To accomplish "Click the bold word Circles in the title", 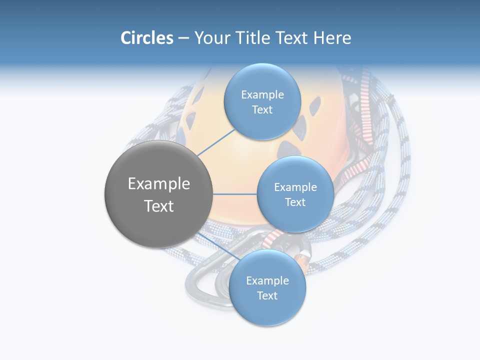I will [146, 38].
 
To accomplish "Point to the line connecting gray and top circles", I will [216, 142].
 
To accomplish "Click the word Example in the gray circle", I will [158, 184].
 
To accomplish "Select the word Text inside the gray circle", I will [158, 206].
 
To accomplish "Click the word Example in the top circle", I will [262, 94].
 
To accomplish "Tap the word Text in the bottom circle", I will [267, 295].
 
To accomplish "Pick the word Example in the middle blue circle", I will [295, 187].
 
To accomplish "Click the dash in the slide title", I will [183, 38].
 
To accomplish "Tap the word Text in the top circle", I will [262, 109].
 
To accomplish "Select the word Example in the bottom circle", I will [267, 280].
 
